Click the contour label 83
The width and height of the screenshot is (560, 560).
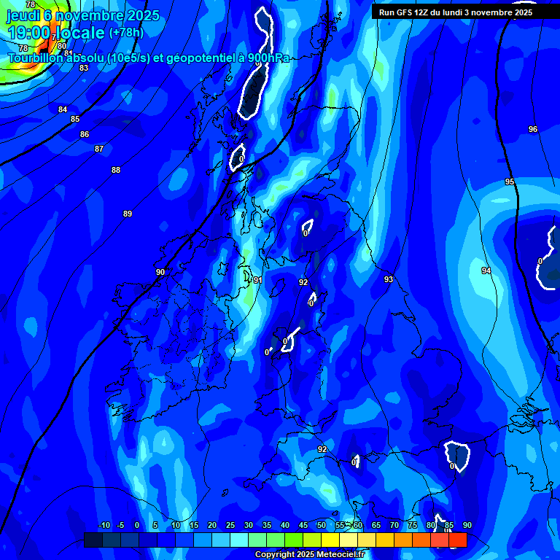(x=84, y=68)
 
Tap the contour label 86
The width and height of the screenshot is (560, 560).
(x=85, y=134)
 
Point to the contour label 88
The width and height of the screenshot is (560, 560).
(x=115, y=170)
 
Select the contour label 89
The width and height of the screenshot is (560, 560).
(x=128, y=214)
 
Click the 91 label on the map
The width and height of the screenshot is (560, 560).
(x=257, y=280)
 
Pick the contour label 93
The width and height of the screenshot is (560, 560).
(x=389, y=279)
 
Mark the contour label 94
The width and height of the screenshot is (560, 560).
(x=486, y=271)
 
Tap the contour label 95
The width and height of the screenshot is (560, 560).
(x=510, y=182)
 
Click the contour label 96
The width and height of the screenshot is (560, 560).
(x=533, y=129)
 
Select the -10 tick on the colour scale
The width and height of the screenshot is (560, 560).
(x=104, y=526)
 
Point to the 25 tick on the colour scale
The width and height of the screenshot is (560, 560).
(x=230, y=526)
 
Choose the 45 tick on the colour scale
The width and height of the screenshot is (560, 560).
(x=303, y=526)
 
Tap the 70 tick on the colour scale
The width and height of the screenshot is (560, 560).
(x=394, y=526)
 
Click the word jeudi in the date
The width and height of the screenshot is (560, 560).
(x=23, y=15)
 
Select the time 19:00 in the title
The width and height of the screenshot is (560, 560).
(x=28, y=34)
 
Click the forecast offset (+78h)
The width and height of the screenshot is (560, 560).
(x=126, y=33)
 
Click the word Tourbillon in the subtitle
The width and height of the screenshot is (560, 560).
(x=36, y=58)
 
